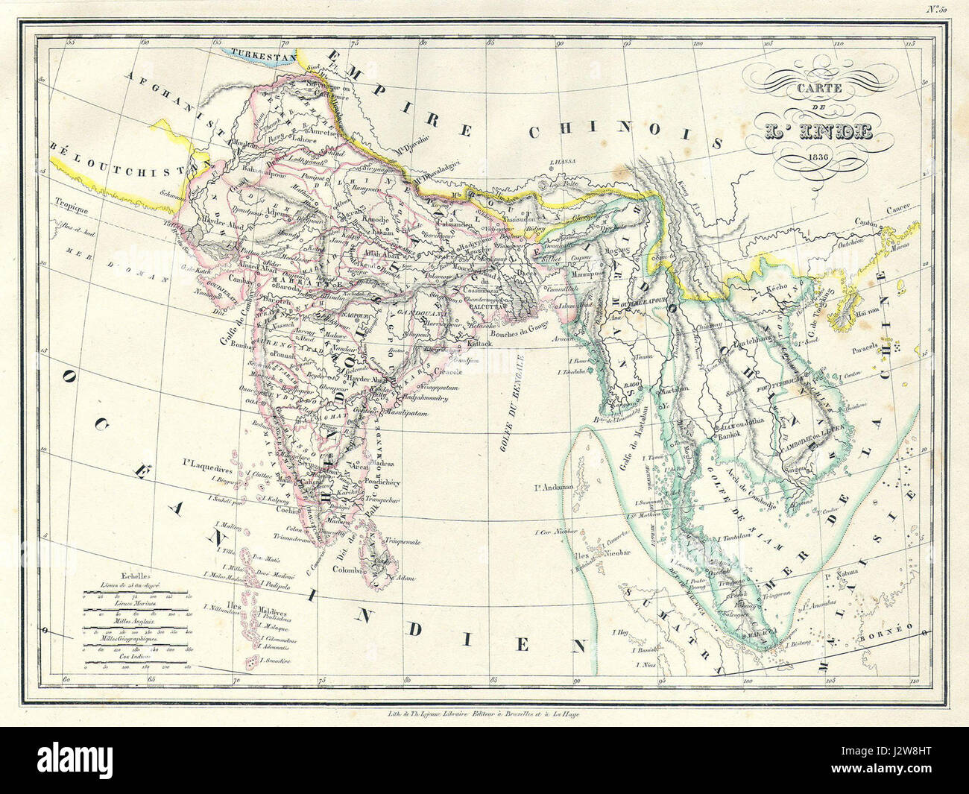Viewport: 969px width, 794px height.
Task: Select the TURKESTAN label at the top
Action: click(262, 54)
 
